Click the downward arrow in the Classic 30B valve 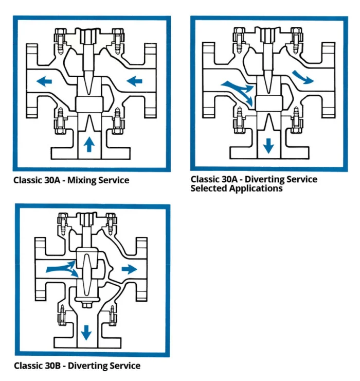point(86,333)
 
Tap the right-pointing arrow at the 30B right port point(129,268)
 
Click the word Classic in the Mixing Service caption point(28,181)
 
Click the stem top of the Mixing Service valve point(89,35)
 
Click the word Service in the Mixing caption point(113,181)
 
